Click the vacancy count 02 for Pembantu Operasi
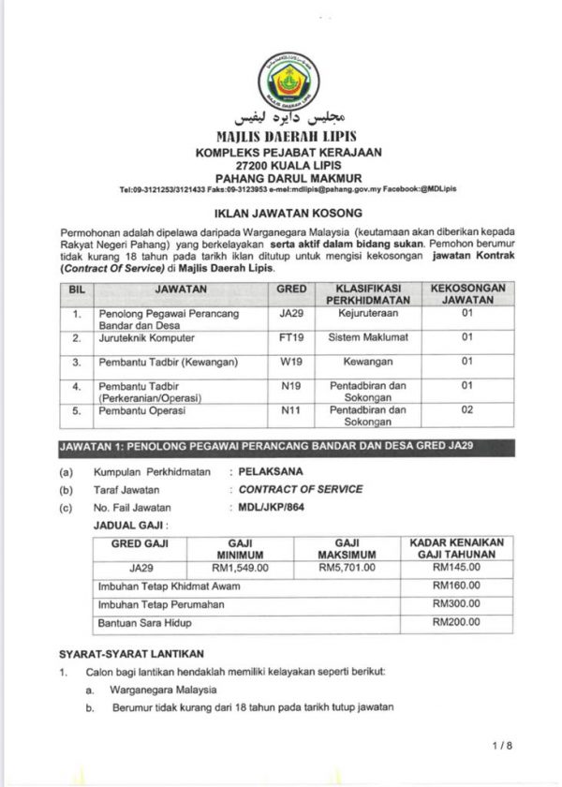467,410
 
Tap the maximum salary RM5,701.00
347,567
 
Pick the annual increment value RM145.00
456,567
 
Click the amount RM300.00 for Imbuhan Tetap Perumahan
456,603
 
